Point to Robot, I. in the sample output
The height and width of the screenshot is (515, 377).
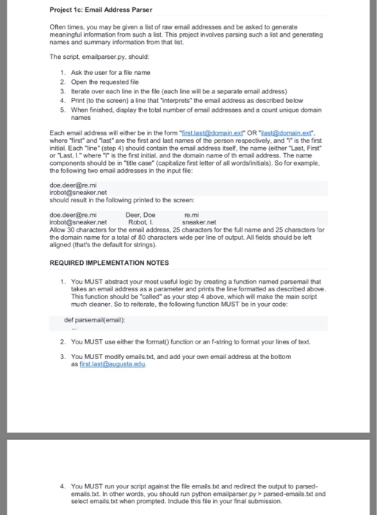pos(141,221)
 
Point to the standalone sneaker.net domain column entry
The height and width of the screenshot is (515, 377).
pos(199,221)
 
